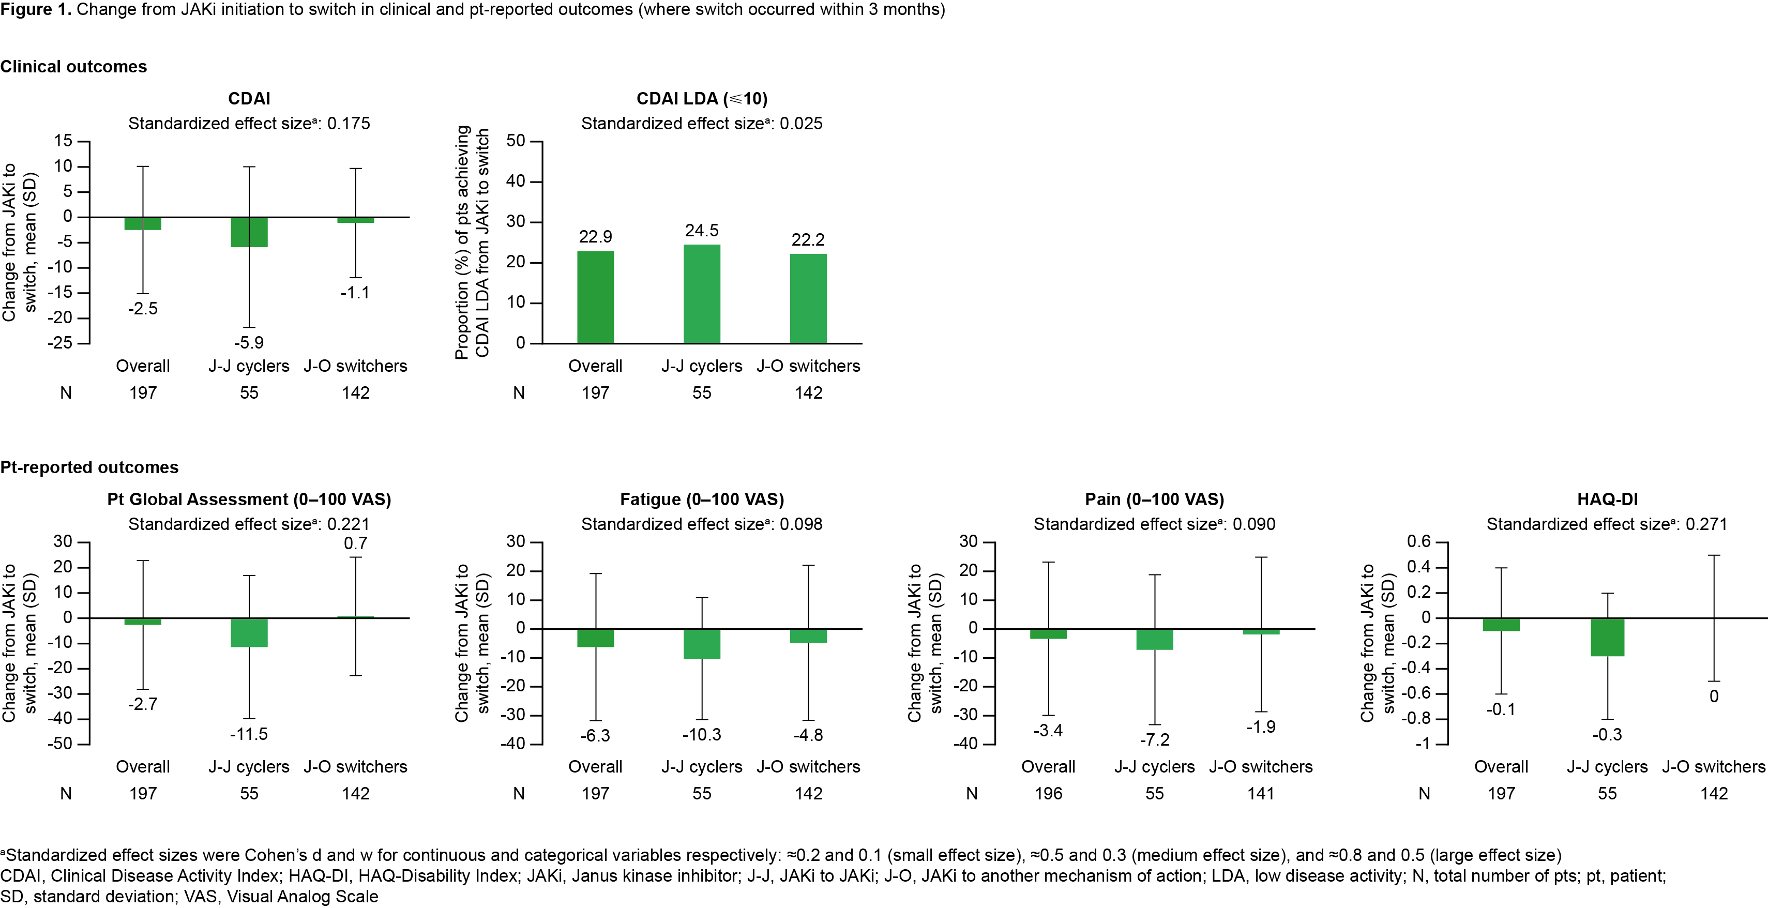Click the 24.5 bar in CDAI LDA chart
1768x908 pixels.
click(701, 294)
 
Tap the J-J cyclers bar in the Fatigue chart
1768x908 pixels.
click(701, 644)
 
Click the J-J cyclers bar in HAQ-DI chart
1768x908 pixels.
click(1607, 637)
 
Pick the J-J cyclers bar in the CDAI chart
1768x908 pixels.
click(249, 232)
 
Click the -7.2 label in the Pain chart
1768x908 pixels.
click(1154, 740)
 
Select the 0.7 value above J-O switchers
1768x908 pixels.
click(356, 543)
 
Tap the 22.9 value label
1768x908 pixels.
click(595, 237)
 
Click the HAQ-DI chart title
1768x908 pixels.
click(1607, 499)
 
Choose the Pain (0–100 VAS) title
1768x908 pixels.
click(1154, 499)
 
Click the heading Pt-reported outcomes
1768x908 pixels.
click(89, 467)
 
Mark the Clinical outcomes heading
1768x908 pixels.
click(73, 67)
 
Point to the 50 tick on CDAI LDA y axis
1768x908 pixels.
click(516, 141)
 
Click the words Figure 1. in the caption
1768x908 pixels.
click(36, 10)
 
